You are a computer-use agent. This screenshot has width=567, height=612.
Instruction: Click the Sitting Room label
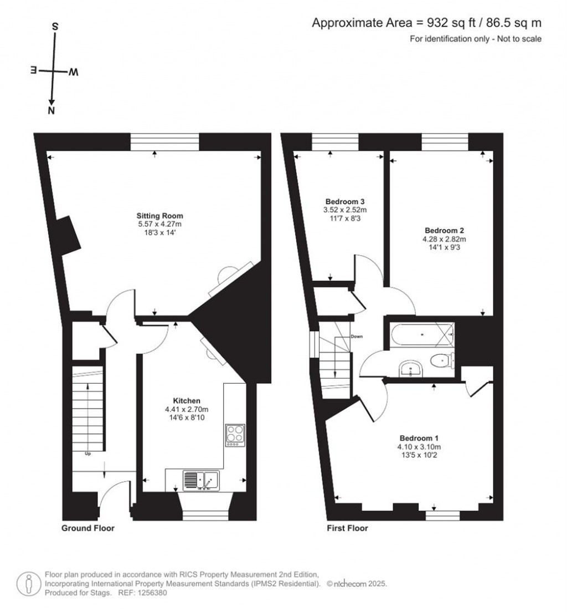tap(159, 216)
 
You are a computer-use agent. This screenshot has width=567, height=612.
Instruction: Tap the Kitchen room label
tap(187, 401)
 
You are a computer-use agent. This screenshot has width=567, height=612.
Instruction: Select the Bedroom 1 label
tap(419, 438)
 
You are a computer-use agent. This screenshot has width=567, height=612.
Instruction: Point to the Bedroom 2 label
tap(444, 231)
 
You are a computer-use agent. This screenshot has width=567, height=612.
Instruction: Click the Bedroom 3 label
tap(345, 202)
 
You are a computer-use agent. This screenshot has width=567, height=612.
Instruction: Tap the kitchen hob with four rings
tap(235, 435)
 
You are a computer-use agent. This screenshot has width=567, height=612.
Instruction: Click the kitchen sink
tap(201, 481)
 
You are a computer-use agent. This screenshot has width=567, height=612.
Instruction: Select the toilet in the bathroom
tap(443, 360)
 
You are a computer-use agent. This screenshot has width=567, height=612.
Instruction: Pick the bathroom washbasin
tap(410, 369)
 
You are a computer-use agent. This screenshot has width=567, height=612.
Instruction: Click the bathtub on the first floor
tap(422, 334)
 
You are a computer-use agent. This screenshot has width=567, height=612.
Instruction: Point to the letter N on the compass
tap(51, 110)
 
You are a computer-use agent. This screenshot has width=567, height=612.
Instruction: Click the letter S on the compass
tap(55, 27)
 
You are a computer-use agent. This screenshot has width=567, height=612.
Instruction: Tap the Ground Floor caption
tap(87, 528)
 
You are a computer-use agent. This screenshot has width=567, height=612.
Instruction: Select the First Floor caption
tap(347, 528)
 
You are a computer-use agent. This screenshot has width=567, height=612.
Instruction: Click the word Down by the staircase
tap(357, 336)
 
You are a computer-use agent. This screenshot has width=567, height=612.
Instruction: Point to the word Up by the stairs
tap(87, 453)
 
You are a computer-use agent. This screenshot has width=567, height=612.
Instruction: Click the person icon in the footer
tap(28, 584)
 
